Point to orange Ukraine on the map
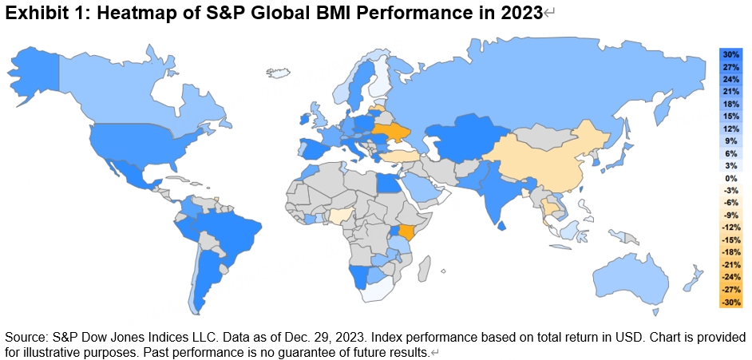389,131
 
